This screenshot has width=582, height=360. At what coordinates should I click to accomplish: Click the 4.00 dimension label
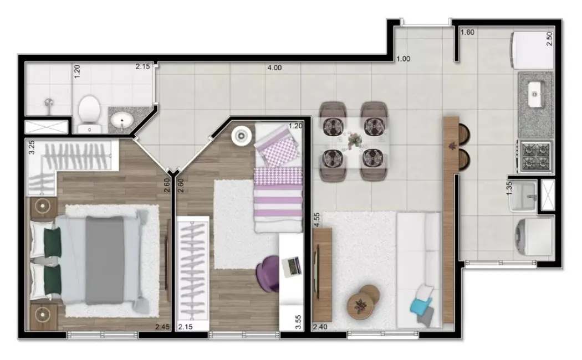(274, 68)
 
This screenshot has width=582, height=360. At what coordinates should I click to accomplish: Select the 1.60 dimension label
(467, 33)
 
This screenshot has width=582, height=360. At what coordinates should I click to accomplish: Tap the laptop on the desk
(292, 266)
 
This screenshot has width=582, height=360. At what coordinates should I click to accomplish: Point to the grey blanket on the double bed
(105, 260)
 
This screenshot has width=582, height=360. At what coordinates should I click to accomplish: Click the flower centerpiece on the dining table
(353, 142)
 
